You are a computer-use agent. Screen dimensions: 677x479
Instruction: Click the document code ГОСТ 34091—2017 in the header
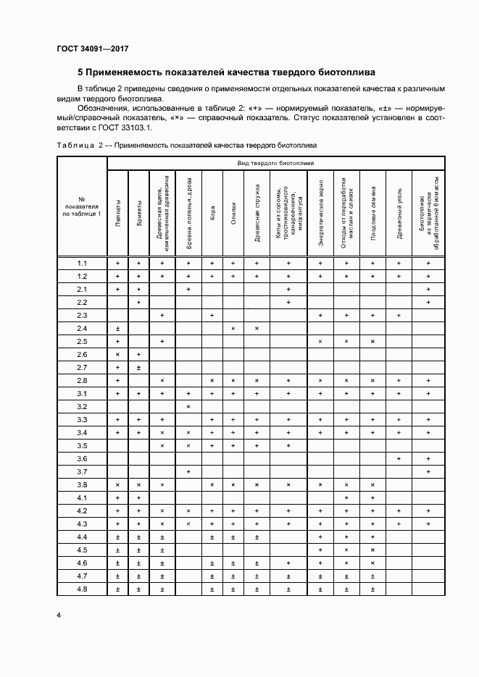(x=92, y=49)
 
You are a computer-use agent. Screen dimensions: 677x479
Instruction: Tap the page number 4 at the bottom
(x=58, y=615)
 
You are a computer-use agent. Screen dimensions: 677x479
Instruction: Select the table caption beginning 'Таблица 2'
(x=186, y=146)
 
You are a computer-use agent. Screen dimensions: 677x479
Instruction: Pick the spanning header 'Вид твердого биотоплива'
(x=275, y=164)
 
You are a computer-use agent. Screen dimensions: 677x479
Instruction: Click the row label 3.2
(x=82, y=407)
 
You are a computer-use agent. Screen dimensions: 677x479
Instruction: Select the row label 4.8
(x=82, y=589)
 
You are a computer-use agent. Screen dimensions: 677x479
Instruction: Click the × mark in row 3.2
(x=188, y=407)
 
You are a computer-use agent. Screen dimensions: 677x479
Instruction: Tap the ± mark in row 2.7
(x=138, y=368)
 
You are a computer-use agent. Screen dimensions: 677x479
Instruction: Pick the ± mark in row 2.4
(x=117, y=329)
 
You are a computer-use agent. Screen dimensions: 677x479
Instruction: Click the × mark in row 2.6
(x=117, y=355)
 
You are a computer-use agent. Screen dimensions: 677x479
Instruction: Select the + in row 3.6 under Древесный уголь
(x=398, y=459)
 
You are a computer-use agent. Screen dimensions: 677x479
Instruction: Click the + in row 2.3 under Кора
(x=212, y=316)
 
